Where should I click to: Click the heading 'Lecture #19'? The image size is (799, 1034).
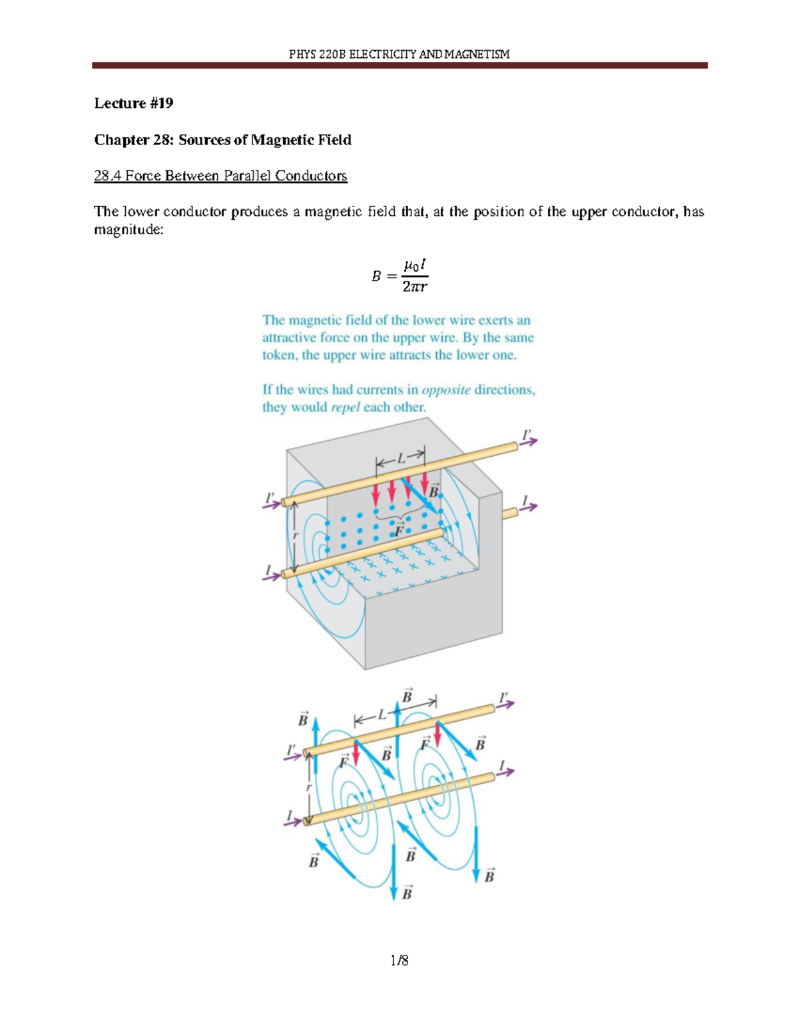(133, 103)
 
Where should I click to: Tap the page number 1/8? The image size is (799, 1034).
(400, 959)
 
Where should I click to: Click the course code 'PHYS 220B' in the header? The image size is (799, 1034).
(318, 54)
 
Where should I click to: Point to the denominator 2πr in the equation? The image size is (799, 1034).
(414, 287)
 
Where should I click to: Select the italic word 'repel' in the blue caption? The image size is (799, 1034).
(346, 407)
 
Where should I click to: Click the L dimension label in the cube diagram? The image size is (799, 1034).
(401, 459)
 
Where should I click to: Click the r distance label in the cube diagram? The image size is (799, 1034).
(296, 535)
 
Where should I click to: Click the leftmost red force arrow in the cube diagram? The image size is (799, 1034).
(376, 493)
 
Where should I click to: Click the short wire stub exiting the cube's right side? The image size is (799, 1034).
(509, 513)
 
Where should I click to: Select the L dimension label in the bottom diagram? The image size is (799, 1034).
(382, 716)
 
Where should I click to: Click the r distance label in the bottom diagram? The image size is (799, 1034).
(308, 787)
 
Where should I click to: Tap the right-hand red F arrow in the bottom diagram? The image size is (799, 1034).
(437, 734)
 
